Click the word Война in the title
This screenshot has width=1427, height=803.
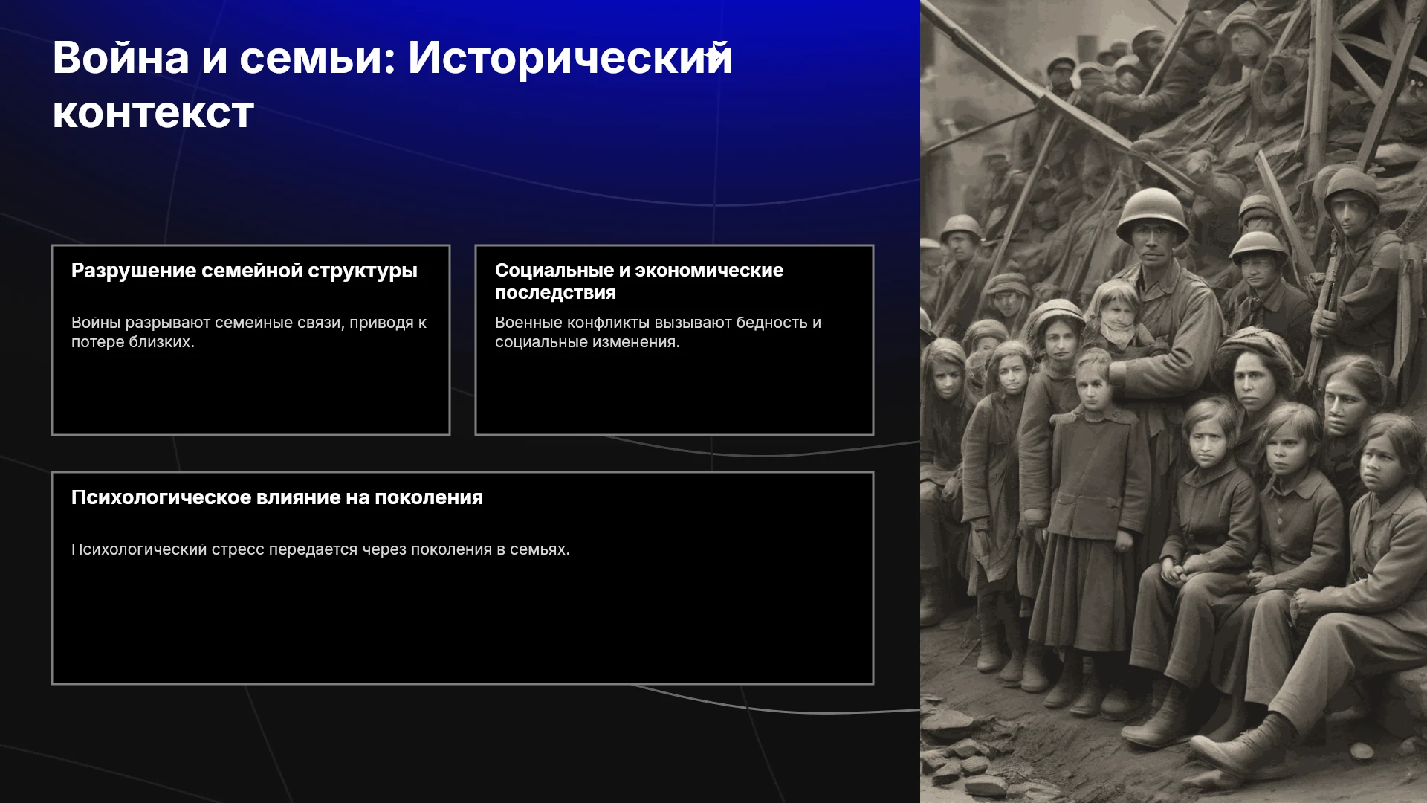tap(120, 58)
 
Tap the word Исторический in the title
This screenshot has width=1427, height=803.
tap(570, 58)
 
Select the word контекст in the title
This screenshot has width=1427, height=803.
tap(153, 114)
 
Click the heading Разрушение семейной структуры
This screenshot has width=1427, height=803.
tap(244, 271)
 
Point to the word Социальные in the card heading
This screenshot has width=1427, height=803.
tap(554, 271)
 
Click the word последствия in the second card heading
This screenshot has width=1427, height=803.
tap(555, 293)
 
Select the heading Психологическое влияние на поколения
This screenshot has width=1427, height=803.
tap(277, 497)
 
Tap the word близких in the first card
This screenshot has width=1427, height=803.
tap(161, 342)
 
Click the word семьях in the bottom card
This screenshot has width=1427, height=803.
tap(540, 549)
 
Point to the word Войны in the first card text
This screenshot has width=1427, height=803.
tap(96, 323)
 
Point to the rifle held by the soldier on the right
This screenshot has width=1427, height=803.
tap(1327, 297)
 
